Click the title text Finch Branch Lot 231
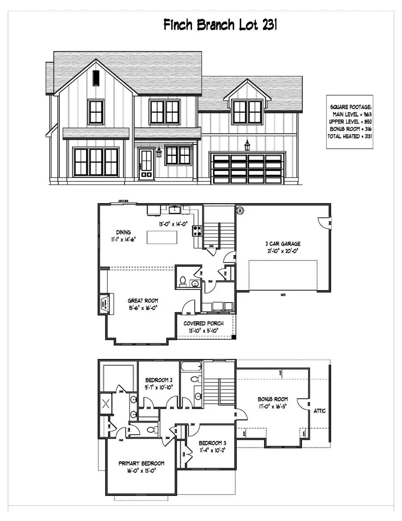coord(220,25)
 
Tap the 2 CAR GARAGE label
coord(283,244)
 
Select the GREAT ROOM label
coord(143,301)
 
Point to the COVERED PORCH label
coord(203,324)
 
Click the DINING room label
coord(123,232)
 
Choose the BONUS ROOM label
coord(272,399)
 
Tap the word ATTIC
coord(320,410)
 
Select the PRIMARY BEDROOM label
coord(141,463)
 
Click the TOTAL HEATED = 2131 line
coord(351,136)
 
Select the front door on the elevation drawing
coord(146,164)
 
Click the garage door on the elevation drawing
coord(247,169)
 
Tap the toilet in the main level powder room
coord(182,281)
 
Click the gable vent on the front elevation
coord(96,78)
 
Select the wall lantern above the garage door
coord(247,145)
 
